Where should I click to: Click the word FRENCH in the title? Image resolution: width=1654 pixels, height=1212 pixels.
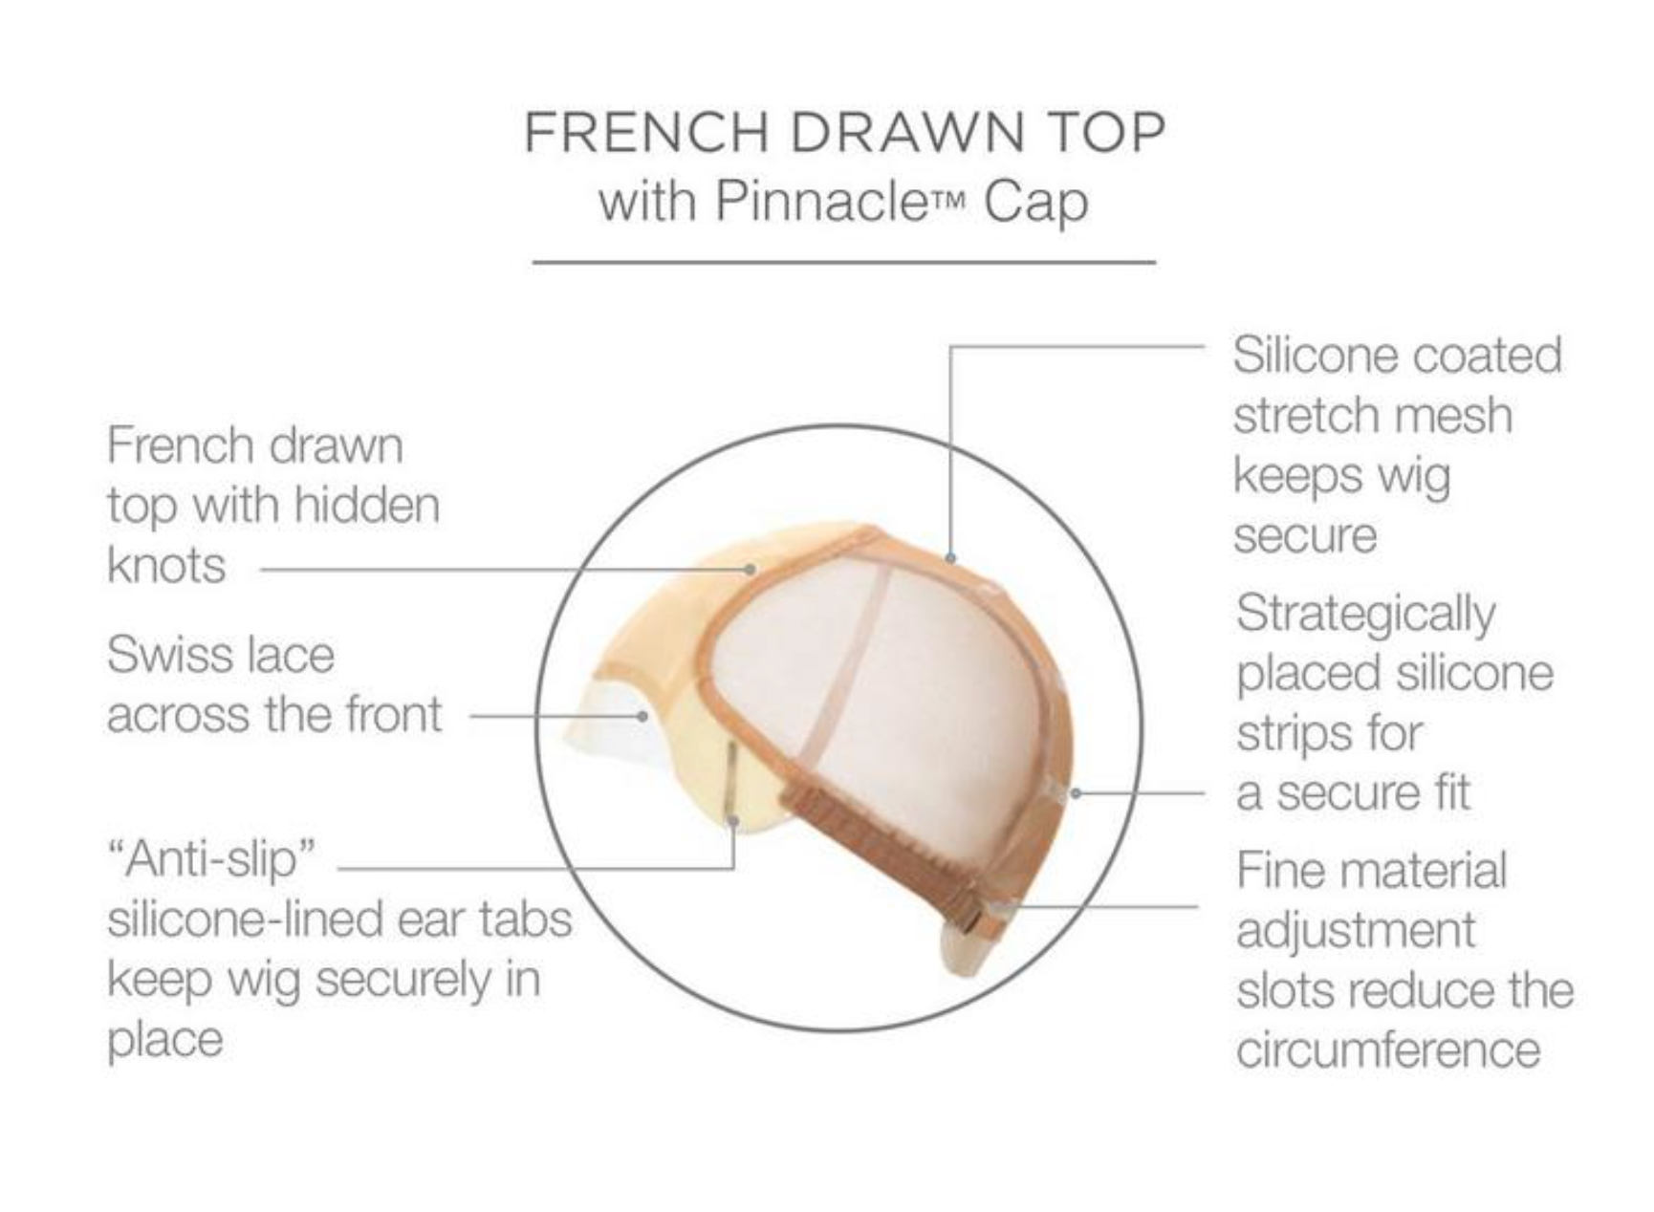(645, 132)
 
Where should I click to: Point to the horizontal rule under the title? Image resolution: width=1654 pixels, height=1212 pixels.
(843, 261)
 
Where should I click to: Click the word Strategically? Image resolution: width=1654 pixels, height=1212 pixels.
(1365, 615)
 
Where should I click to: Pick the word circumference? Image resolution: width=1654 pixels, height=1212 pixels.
(1388, 1050)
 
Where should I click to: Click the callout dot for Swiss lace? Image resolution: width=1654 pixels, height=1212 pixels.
(643, 715)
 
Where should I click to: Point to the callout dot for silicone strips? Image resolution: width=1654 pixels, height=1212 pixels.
(1076, 792)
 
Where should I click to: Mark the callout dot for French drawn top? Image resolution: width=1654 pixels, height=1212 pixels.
(751, 570)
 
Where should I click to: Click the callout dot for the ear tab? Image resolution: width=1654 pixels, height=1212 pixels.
(733, 819)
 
